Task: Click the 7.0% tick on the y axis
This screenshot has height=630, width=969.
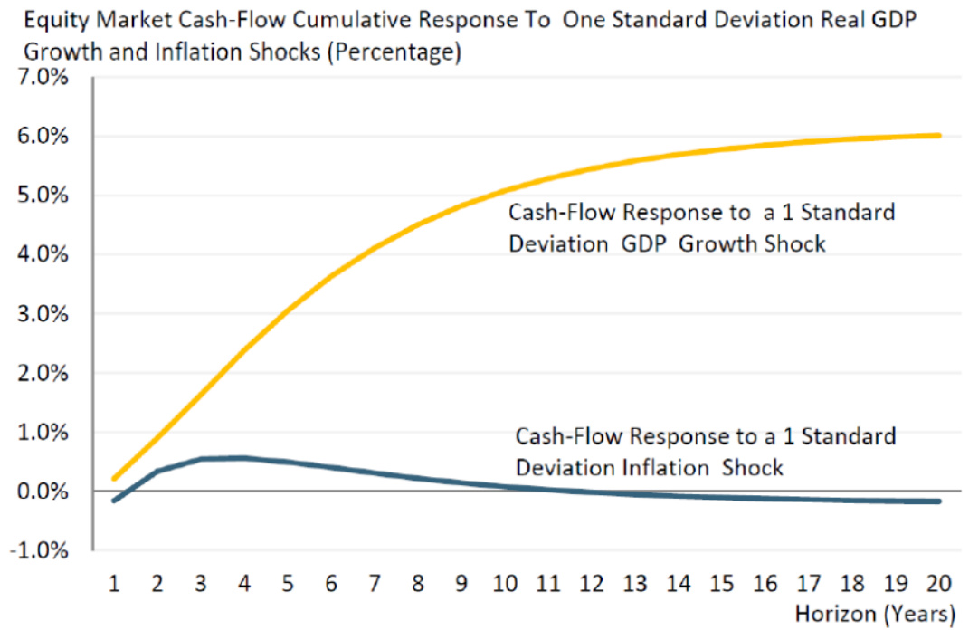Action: pyautogui.click(x=43, y=77)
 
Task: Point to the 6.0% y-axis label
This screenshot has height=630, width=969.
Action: pyautogui.click(x=43, y=136)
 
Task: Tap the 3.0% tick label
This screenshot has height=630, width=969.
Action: pyautogui.click(x=43, y=313)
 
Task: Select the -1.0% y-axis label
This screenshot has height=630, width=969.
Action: pyautogui.click(x=39, y=550)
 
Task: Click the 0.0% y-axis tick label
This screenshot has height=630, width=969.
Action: pyautogui.click(x=43, y=492)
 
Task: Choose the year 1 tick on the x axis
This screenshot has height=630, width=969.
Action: pyautogui.click(x=114, y=583)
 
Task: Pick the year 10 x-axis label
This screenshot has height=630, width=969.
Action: pyautogui.click(x=505, y=583)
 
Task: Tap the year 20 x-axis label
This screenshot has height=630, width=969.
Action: pyautogui.click(x=939, y=583)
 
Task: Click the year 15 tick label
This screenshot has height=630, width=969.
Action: pyautogui.click(x=722, y=583)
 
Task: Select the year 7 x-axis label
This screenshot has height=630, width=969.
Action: pyautogui.click(x=375, y=583)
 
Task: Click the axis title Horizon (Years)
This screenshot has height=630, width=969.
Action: pyautogui.click(x=875, y=614)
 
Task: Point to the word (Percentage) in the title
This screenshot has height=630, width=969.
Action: pyautogui.click(x=394, y=52)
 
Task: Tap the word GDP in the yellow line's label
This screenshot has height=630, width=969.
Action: pyautogui.click(x=643, y=243)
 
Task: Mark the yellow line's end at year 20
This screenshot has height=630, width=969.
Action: pyautogui.click(x=939, y=136)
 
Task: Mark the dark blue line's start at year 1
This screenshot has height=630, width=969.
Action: pyautogui.click(x=114, y=501)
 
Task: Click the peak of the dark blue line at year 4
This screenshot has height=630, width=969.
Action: pyautogui.click(x=244, y=458)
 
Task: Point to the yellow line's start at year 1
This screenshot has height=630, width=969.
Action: pyautogui.click(x=114, y=478)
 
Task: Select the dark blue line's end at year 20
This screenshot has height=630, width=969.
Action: pyautogui.click(x=939, y=501)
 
